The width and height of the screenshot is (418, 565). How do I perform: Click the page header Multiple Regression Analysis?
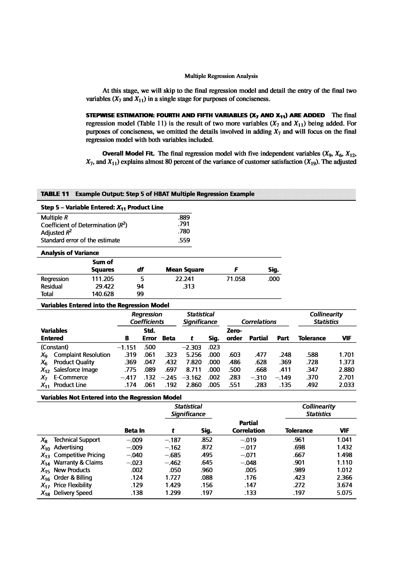(221, 76)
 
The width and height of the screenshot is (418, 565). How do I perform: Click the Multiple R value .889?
(184, 217)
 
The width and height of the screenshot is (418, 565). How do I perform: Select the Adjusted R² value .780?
(184, 231)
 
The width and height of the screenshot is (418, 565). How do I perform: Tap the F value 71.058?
(235, 279)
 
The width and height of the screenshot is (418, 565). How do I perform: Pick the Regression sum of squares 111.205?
(103, 279)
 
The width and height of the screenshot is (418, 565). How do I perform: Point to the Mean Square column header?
(185, 270)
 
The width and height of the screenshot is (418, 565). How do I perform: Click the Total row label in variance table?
(47, 294)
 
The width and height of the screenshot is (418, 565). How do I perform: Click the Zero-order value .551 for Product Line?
(234, 385)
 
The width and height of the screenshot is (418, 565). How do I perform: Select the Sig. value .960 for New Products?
(207, 470)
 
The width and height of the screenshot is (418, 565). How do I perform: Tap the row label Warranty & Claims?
(78, 462)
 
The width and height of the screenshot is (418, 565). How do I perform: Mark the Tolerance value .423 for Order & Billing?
(299, 478)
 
